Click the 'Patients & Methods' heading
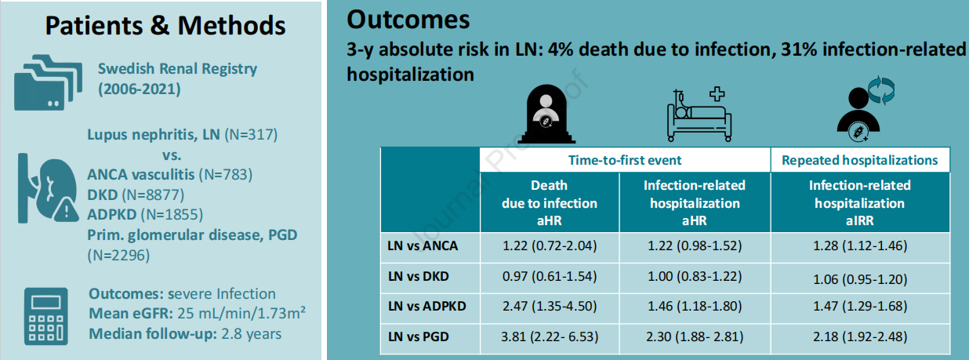tap(165, 25)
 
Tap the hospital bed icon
tap(697, 116)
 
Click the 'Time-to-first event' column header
tap(625, 160)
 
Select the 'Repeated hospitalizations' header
tap(859, 160)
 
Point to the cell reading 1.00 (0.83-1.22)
tap(694, 276)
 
